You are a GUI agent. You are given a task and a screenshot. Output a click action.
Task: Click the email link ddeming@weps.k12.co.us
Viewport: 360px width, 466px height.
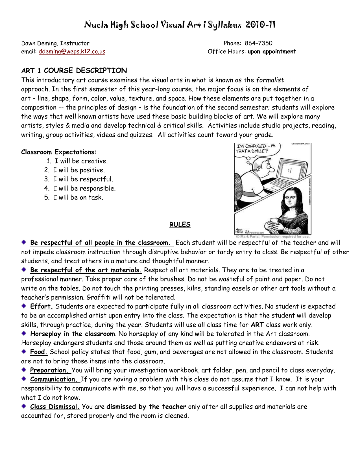coord(72,51)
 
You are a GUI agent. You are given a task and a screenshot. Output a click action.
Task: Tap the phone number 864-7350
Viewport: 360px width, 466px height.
coord(258,43)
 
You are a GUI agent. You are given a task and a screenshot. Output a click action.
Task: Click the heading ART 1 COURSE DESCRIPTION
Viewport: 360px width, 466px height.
coord(74,70)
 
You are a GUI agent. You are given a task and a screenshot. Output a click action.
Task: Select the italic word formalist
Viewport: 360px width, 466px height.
coord(270,80)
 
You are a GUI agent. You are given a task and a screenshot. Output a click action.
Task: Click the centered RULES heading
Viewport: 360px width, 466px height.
coord(180,225)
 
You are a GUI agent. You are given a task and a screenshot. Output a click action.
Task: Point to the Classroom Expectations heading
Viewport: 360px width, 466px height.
coord(59,152)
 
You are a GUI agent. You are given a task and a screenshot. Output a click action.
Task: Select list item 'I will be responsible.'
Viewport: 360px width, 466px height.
coord(84,188)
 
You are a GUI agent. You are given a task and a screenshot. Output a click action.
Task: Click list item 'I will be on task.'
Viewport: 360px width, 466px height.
coord(78,197)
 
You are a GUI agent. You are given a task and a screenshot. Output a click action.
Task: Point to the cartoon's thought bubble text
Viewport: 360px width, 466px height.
coord(256,148)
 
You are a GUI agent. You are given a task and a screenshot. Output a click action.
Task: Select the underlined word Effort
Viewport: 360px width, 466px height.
coord(42,306)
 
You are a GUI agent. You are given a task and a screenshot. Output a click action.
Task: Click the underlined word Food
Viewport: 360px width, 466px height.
coord(39,352)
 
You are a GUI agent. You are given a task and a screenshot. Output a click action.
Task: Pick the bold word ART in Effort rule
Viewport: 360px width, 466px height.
coord(257,325)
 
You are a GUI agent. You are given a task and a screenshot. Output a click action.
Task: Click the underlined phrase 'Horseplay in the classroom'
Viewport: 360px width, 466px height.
coord(72,334)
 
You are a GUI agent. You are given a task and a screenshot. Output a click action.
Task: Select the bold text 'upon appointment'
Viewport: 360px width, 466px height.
coord(272,51)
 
